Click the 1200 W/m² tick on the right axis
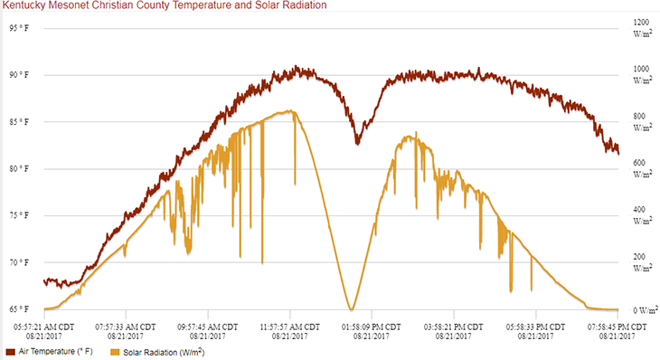641,28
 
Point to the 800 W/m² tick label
641,122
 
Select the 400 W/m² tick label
641,216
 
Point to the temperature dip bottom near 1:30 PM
358,143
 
